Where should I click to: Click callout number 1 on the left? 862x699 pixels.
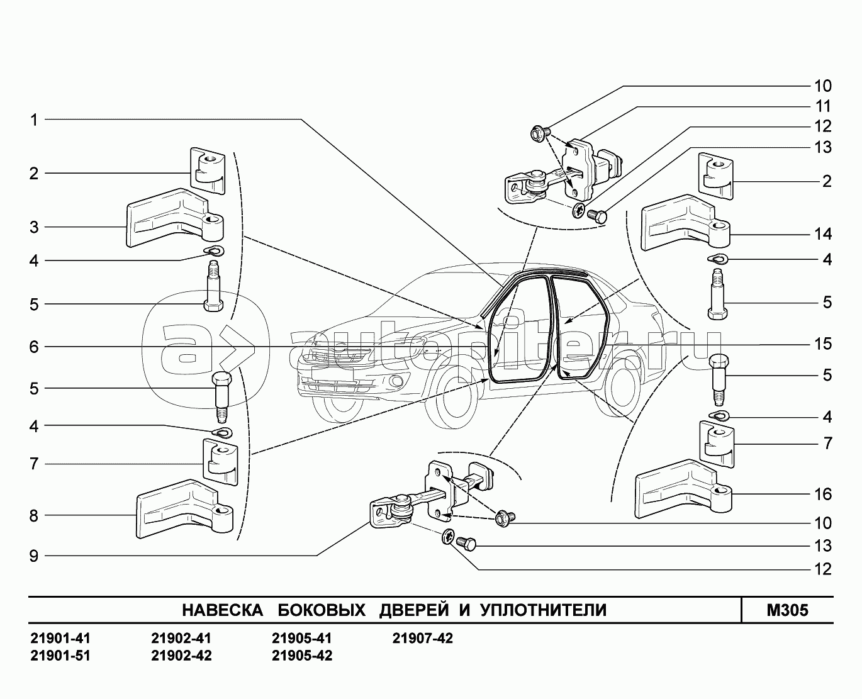pos(34,120)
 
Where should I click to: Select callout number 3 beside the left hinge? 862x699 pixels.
pos(34,227)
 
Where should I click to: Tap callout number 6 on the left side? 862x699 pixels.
pos(34,347)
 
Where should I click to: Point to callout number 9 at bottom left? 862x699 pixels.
pos(34,556)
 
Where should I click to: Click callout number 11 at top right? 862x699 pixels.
pos(822,106)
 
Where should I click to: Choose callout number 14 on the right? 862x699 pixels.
pos(822,234)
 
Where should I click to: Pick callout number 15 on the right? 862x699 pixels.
pos(822,344)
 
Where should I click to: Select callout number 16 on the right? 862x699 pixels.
pos(822,494)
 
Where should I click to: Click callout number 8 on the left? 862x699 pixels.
pos(34,516)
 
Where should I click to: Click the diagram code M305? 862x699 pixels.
pos(787,610)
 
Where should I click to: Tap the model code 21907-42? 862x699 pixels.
pos(422,639)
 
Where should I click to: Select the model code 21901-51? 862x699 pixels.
pos(60,656)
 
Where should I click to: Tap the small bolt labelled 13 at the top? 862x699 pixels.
pos(598,216)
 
